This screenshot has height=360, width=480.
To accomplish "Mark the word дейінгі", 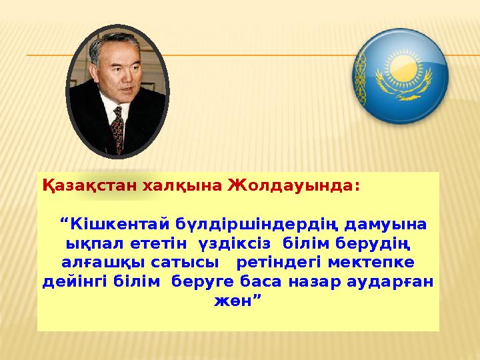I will coord(73,281).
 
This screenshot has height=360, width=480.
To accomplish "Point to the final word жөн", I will coord(235,301).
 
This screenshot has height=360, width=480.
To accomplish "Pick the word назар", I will coord(315,281).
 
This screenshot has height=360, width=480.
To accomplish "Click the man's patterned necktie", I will coord(119,129).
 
